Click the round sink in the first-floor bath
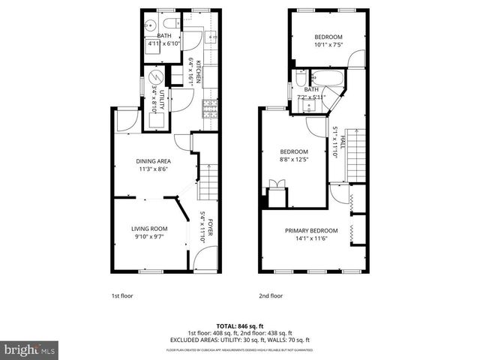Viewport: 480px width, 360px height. click(x=151, y=22)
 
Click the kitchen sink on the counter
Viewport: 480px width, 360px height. click(x=211, y=35)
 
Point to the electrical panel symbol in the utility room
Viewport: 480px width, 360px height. click(x=156, y=77)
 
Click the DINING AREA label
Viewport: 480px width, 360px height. click(x=154, y=161)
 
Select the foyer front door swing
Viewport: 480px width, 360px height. click(x=201, y=259)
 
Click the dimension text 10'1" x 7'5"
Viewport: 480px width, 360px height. click(x=328, y=45)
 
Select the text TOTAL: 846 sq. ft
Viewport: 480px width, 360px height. click(x=240, y=326)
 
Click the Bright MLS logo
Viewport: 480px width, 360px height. click(x=30, y=349)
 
